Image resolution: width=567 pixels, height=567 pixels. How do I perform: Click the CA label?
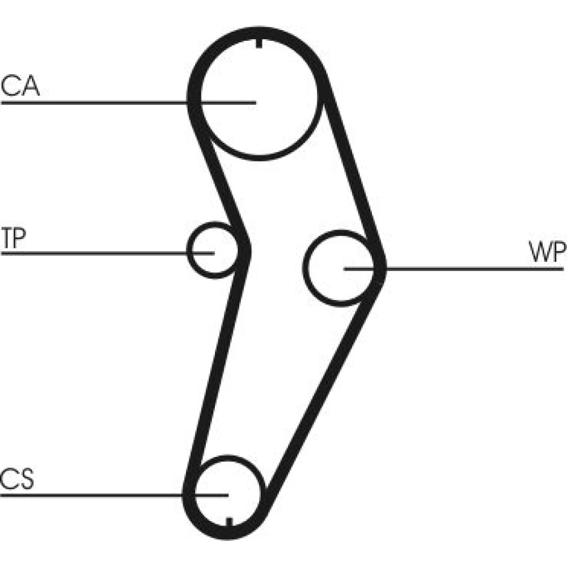coord(20,86)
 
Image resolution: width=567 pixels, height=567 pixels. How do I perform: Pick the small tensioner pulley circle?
coord(211,250)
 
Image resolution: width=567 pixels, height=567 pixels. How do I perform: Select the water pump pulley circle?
coord(339,267)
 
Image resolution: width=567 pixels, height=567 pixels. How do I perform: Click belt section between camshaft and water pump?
coord(352,170)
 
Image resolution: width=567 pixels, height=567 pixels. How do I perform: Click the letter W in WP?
coord(539,253)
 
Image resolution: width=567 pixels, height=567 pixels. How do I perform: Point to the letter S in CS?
coord(26,480)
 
